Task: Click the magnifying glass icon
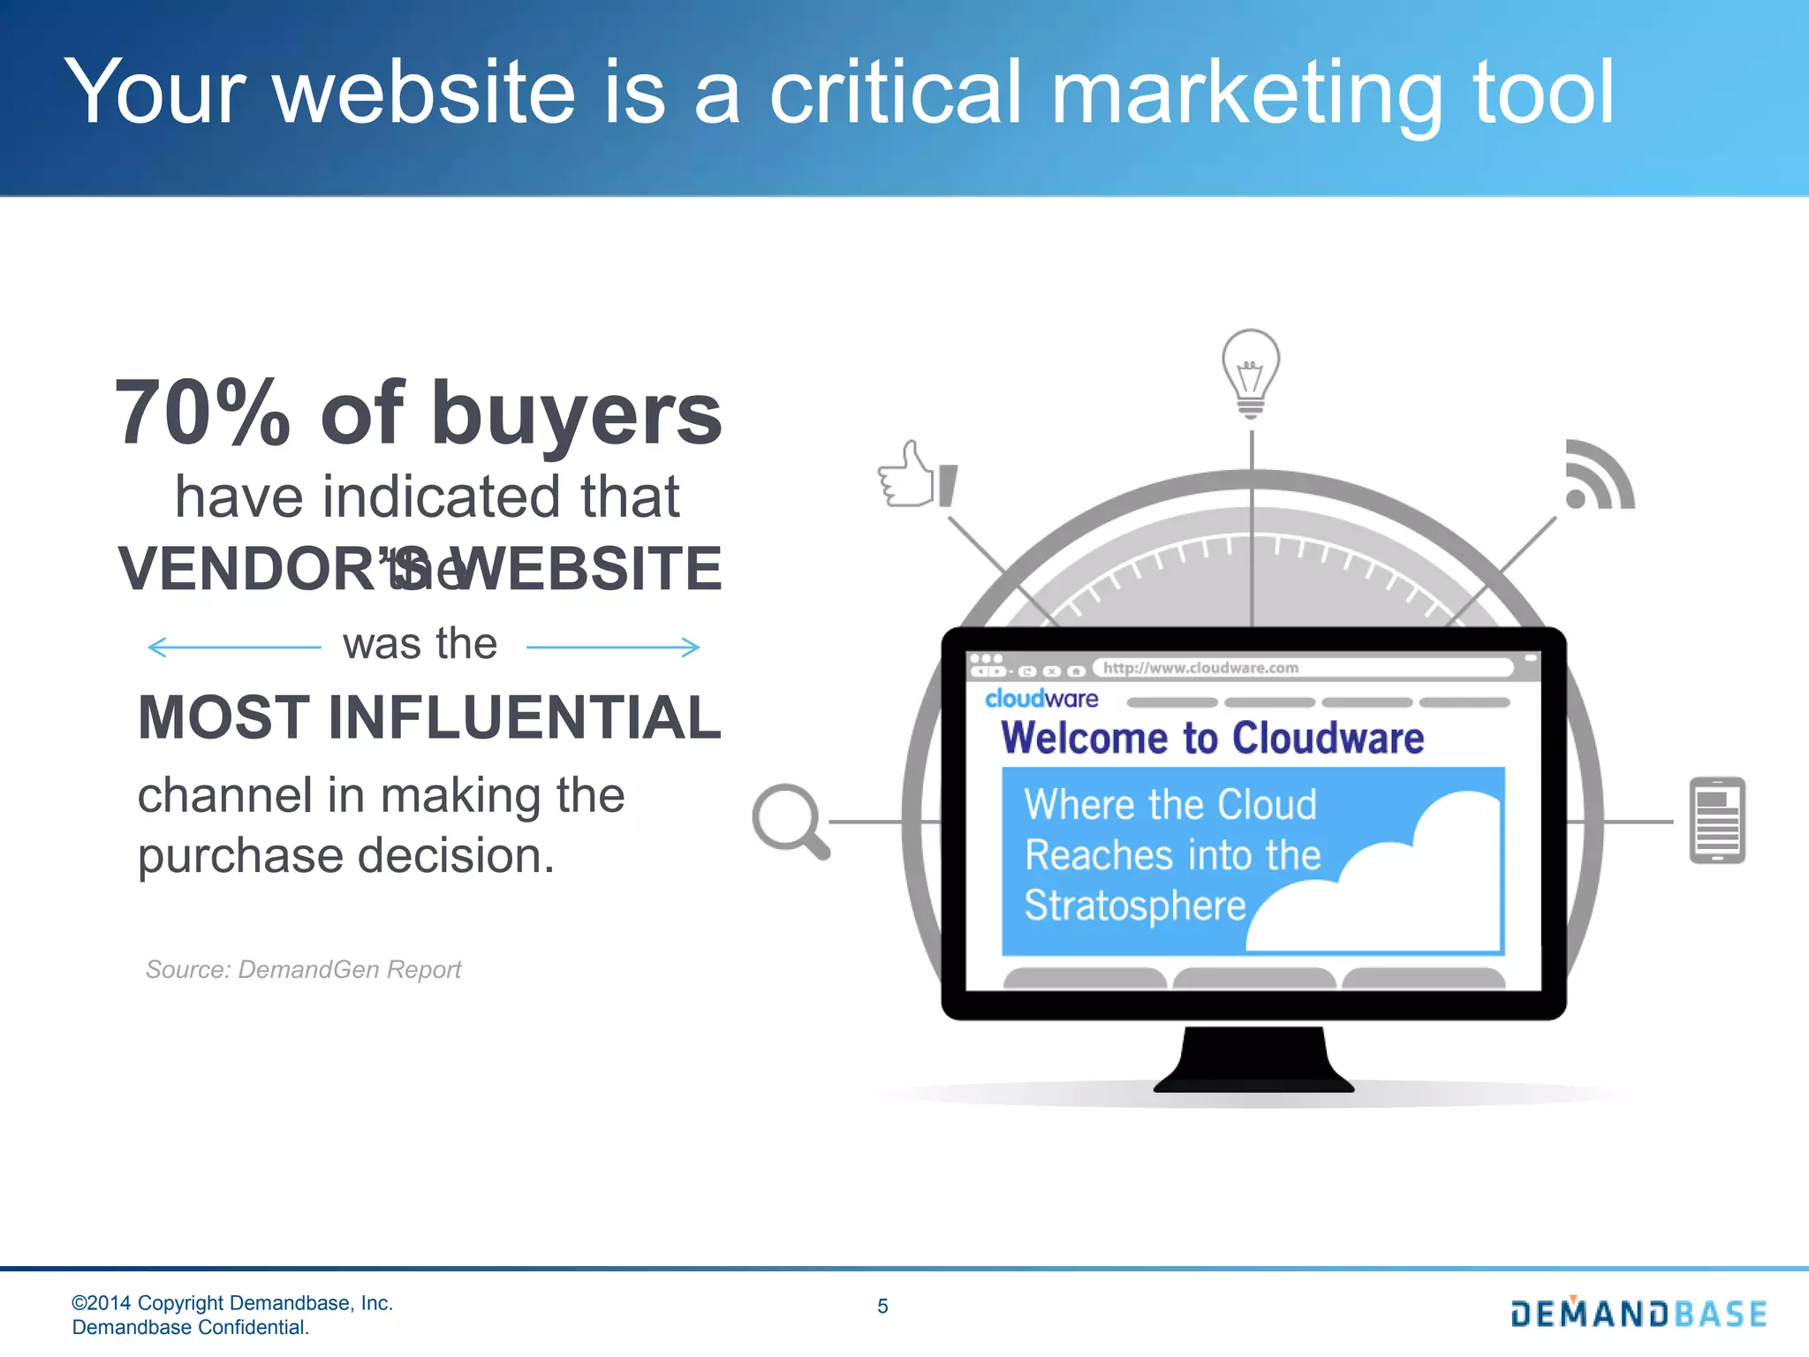789,820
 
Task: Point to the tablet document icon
1716,820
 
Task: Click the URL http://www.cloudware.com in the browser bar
1200,668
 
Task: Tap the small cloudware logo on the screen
1041,699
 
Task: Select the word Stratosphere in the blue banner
1134,906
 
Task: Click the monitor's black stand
1253,1060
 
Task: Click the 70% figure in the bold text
201,413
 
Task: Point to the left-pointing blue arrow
233,648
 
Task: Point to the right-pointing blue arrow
613,648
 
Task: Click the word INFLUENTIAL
525,717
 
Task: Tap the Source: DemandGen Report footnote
303,969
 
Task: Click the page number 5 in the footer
882,1306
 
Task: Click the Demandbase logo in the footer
1639,1314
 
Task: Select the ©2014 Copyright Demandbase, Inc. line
231,1303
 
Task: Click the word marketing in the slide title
1246,93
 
